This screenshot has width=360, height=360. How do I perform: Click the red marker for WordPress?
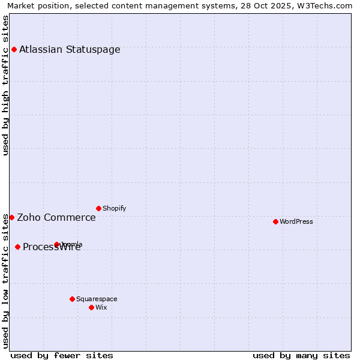coord(275,221)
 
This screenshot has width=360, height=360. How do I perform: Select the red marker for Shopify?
coord(98,208)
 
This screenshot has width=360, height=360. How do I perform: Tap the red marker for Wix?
coord(91,307)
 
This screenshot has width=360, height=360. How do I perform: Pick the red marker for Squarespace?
coord(72,299)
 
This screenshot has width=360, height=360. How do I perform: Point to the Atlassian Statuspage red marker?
coord(14,49)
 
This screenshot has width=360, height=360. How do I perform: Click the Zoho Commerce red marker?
coord(11,217)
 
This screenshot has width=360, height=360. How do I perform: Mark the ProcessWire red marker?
coord(17,247)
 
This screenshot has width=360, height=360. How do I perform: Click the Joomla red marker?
coord(57,244)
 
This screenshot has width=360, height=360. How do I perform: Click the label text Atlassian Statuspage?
coord(70,50)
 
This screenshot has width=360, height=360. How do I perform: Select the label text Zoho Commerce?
coord(56,218)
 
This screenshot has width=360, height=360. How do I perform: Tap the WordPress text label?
coord(296,222)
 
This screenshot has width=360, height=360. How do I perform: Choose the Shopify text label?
coord(114,209)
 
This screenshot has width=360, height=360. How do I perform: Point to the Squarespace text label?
coord(97,299)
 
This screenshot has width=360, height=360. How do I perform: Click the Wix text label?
coord(101,308)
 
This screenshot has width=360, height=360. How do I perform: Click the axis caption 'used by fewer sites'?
coord(62,355)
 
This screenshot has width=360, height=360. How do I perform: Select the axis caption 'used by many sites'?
coord(301,355)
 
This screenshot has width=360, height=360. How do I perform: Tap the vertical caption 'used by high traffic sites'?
coord(6,85)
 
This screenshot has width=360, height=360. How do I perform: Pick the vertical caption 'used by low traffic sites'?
coord(6,281)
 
